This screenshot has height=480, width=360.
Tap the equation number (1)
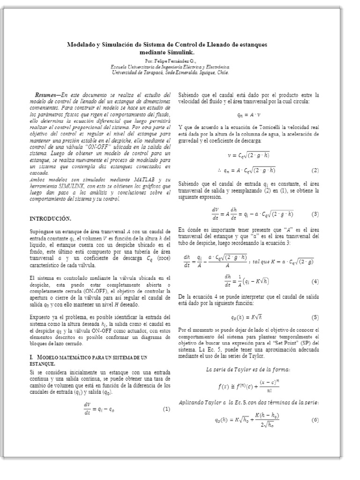point(166,409)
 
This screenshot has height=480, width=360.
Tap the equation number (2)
point(315,170)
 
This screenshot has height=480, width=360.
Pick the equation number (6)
point(315,420)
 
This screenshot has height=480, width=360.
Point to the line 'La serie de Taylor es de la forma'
point(247,369)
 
